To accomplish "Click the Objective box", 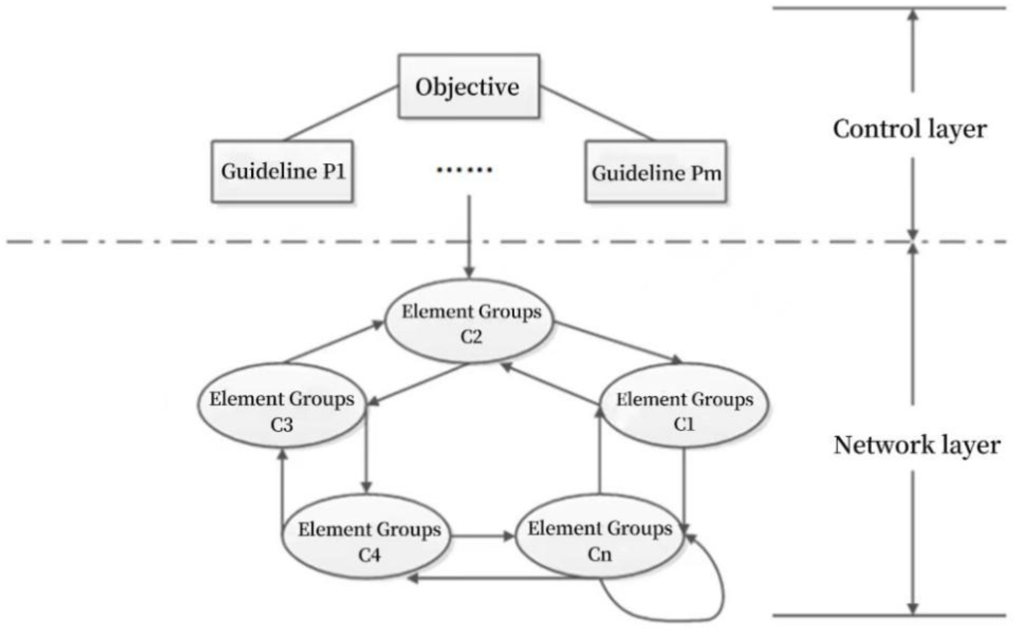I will (x=468, y=87).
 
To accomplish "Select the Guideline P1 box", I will (x=282, y=171).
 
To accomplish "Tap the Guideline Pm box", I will (x=656, y=172).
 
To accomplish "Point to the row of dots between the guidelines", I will (x=464, y=169).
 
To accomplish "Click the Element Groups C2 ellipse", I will (x=469, y=322).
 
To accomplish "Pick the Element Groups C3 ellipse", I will (x=282, y=405).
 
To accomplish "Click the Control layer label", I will (x=909, y=129).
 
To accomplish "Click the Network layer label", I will (x=917, y=445).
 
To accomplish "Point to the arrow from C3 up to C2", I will (x=333, y=342).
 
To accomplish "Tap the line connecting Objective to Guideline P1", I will (x=341, y=113).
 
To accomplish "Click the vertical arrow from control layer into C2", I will (x=469, y=237).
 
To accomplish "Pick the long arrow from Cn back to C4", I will (x=495, y=578).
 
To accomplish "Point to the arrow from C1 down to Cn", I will (x=684, y=487).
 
